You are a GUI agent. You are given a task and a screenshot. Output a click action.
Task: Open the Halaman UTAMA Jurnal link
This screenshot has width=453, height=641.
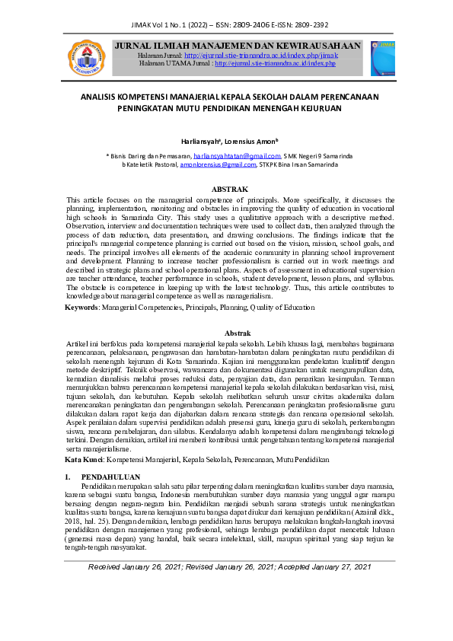[275, 64]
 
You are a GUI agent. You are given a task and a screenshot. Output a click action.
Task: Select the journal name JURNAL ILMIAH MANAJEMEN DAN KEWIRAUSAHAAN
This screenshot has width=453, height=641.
[237, 46]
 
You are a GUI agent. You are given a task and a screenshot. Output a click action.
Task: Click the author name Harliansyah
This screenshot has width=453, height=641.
[201, 142]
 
